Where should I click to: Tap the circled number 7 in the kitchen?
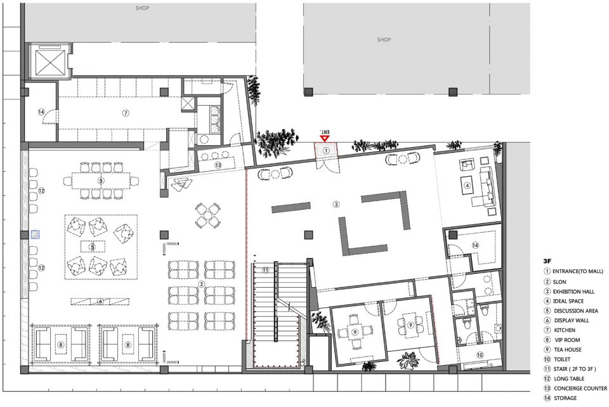[125, 113]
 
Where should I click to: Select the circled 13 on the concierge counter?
[218, 165]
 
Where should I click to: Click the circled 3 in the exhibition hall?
[336, 204]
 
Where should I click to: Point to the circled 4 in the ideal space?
[468, 186]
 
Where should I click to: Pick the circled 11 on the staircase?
[265, 269]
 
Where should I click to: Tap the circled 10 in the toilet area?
[480, 354]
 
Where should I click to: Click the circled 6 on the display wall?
[101, 301]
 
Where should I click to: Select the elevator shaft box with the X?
[49, 61]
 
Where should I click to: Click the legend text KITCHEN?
[565, 330]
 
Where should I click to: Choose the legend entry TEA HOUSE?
[567, 349]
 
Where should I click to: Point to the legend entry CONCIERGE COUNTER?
[580, 389]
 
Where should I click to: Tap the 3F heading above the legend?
[547, 261]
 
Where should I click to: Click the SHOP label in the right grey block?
[384, 39]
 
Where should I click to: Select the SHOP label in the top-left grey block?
[142, 8]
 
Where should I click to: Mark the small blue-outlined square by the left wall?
[36, 235]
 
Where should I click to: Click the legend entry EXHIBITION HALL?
[573, 292]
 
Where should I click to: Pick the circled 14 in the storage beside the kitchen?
[41, 112]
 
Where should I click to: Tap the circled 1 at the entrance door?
[326, 150]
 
